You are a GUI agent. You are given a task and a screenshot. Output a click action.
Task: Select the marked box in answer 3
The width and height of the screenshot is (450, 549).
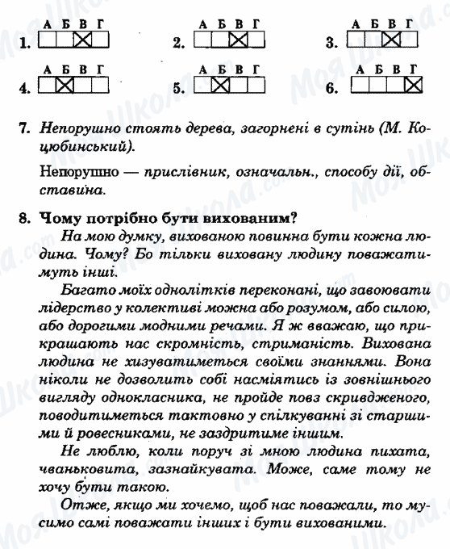click(x=392, y=39)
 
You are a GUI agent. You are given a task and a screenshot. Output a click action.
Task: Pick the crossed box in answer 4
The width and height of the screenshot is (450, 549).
click(x=65, y=83)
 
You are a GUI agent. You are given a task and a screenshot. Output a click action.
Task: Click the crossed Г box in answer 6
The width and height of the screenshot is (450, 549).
click(x=414, y=83)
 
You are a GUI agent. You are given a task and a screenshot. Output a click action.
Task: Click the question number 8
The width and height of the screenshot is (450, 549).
click(x=24, y=216)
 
